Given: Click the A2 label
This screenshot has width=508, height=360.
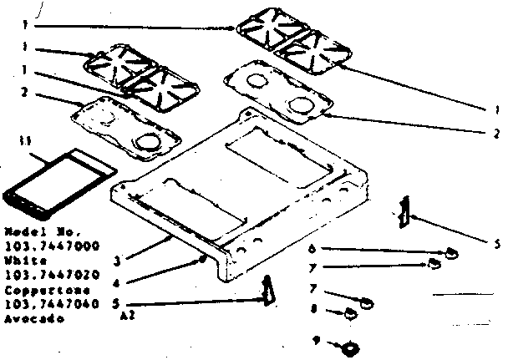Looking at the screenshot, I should click(128, 317).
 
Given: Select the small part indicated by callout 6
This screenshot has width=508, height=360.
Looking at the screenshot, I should click(450, 252).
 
